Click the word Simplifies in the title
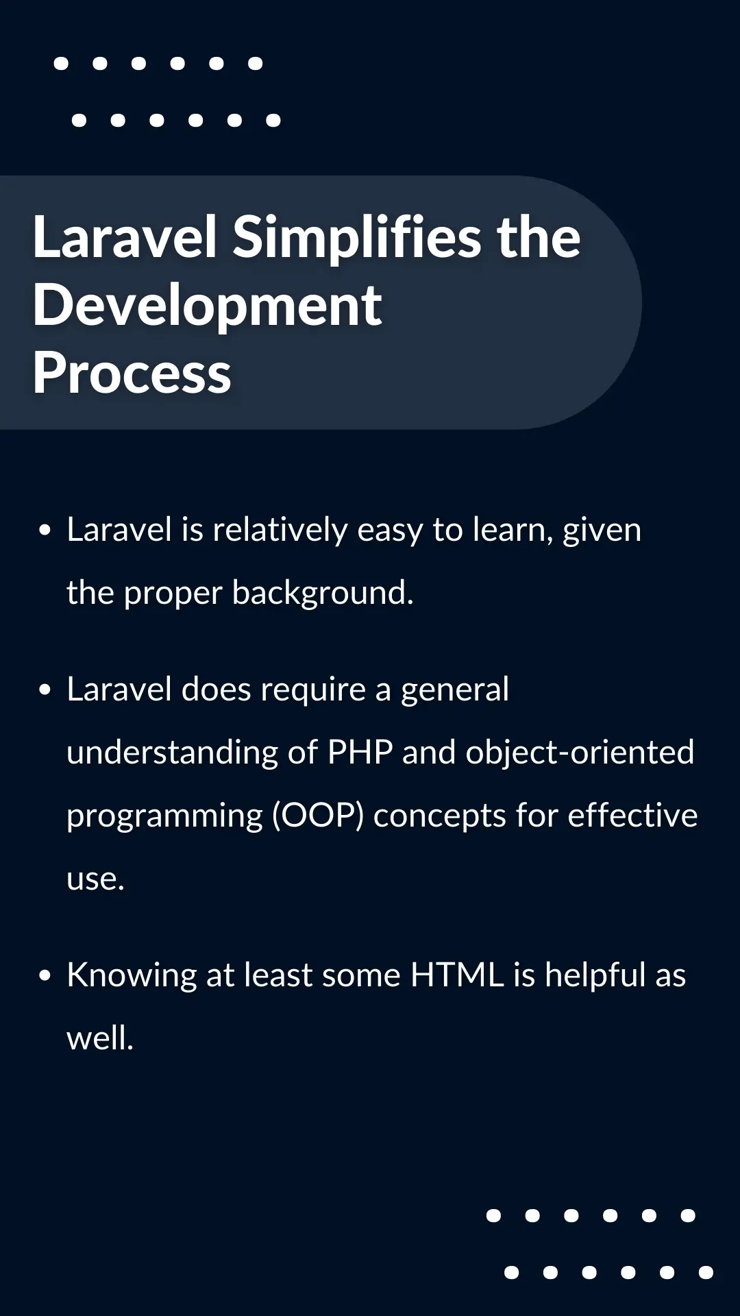pyautogui.click(x=356, y=237)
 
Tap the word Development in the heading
pyautogui.click(x=207, y=306)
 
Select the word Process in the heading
pyautogui.click(x=132, y=374)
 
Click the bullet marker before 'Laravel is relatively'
pyautogui.click(x=45, y=530)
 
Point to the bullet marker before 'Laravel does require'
pyautogui.click(x=45, y=690)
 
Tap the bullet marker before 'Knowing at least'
pyautogui.click(x=45, y=975)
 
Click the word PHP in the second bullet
pyautogui.click(x=360, y=753)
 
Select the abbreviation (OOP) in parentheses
pyautogui.click(x=318, y=816)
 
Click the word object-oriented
pyautogui.click(x=580, y=753)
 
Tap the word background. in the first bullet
pyautogui.click(x=323, y=593)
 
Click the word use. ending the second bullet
pyautogui.click(x=95, y=879)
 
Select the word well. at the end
pyautogui.click(x=100, y=1038)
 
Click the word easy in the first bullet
pyautogui.click(x=390, y=531)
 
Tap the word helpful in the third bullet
pyautogui.click(x=595, y=975)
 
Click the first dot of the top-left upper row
pyautogui.click(x=61, y=64)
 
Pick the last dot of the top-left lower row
pyautogui.click(x=273, y=121)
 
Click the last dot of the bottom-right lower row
pyautogui.click(x=706, y=1273)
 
